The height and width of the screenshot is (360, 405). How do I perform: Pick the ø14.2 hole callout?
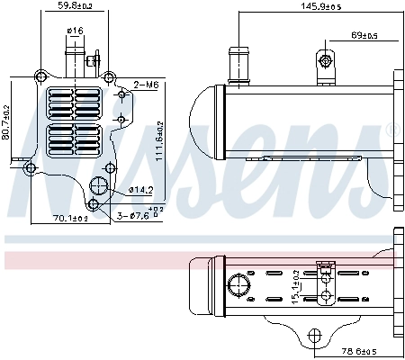(141, 190)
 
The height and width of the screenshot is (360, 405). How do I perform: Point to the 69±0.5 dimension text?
(364, 36)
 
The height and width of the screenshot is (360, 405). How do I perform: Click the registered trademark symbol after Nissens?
(391, 130)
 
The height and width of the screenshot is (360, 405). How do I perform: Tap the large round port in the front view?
(99, 188)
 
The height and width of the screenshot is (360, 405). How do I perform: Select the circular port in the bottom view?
(239, 287)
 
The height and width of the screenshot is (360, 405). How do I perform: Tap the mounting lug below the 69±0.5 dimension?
(325, 62)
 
